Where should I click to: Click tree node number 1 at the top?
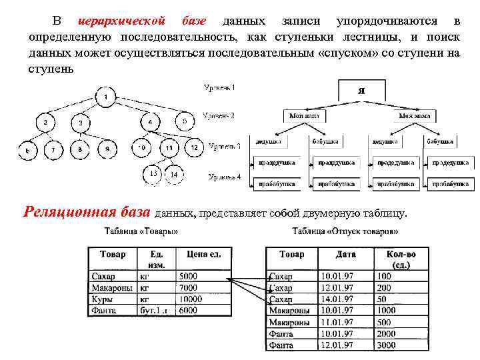105,98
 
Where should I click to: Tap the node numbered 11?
169,147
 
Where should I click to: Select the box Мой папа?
304,115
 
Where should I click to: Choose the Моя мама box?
415,115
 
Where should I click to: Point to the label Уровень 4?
225,177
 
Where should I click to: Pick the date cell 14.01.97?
337,299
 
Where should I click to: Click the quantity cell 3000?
387,345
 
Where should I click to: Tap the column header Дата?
345,255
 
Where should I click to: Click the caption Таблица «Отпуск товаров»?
345,232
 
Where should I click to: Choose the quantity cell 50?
384,322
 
